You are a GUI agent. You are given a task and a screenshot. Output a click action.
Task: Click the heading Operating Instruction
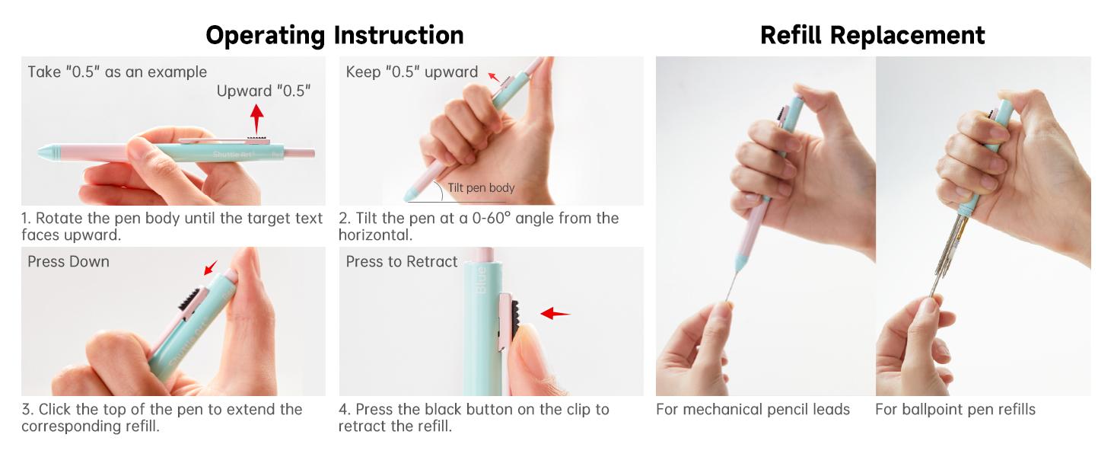point(335,35)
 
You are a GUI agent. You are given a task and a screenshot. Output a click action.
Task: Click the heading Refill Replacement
point(872,35)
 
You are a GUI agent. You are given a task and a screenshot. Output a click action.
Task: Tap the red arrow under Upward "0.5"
point(256,119)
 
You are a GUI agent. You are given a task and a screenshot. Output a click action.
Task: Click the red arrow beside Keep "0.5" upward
point(494,77)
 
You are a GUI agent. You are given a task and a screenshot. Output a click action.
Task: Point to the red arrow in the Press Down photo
point(211,268)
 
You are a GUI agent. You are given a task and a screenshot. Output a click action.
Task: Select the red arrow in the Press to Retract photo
point(555,314)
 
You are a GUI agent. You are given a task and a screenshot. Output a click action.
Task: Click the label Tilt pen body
point(481,187)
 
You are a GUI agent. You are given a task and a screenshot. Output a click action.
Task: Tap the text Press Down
point(68,262)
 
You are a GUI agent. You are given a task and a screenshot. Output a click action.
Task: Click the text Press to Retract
point(401,262)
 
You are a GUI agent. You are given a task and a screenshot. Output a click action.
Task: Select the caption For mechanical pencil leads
point(753,409)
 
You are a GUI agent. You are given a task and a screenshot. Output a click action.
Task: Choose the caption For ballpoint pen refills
point(956,409)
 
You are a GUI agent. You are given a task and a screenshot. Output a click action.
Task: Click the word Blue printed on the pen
point(482,280)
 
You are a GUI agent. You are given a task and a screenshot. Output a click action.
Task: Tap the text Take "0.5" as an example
point(117,72)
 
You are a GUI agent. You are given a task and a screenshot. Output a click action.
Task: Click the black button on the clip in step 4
point(515,318)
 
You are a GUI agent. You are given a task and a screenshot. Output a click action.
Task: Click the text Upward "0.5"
point(263,91)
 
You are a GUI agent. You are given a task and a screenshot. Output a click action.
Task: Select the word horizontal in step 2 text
point(374,235)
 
